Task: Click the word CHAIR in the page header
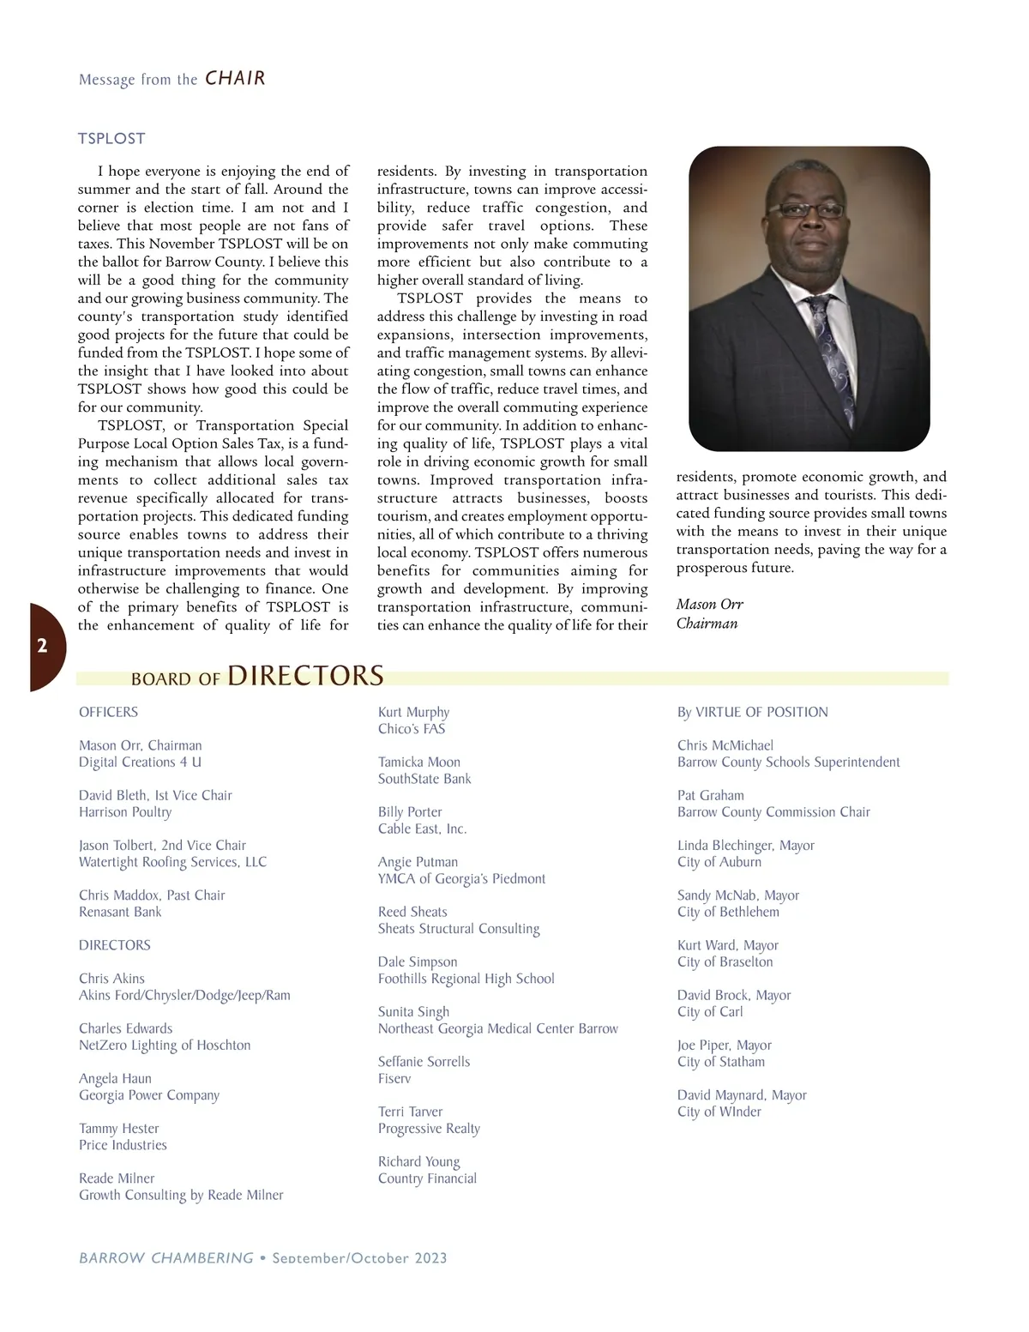(235, 78)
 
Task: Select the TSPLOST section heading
(111, 138)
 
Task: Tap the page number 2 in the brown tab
(42, 646)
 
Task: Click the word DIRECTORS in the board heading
(305, 676)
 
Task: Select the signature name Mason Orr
(709, 604)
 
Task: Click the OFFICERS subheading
(108, 712)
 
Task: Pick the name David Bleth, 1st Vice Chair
(155, 795)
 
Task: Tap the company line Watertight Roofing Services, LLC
(172, 862)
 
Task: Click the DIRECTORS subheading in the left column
(114, 945)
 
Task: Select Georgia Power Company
(149, 1095)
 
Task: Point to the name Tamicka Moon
(419, 762)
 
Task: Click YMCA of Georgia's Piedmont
(461, 878)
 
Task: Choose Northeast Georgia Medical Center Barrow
(497, 1028)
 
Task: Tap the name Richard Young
(419, 1161)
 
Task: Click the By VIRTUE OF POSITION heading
(752, 712)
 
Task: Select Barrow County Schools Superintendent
(788, 762)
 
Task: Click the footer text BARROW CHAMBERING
(166, 1258)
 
